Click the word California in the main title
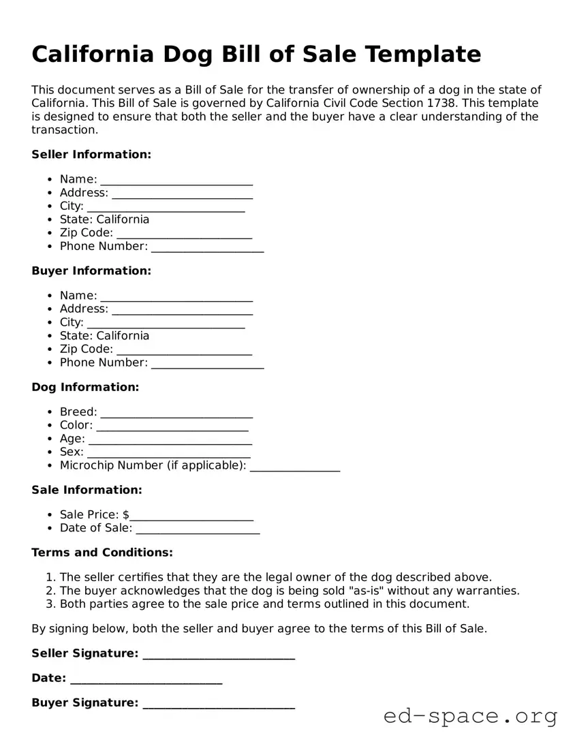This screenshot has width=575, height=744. [93, 54]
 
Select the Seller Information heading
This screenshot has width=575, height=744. [91, 155]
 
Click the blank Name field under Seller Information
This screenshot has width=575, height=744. [176, 181]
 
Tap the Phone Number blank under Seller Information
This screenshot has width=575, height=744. [207, 247]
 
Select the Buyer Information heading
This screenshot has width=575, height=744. [91, 271]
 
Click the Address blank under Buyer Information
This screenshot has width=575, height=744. [182, 310]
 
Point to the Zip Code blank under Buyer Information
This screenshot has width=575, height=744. [184, 350]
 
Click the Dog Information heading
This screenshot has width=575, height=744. [85, 388]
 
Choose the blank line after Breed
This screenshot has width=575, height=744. [176, 414]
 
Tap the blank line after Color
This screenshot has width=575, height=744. [172, 427]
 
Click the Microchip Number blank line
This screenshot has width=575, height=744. [295, 467]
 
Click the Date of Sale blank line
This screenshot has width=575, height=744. [198, 529]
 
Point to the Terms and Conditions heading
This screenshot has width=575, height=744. [102, 553]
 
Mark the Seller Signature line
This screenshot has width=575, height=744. [219, 655]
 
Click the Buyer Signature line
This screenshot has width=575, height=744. [219, 704]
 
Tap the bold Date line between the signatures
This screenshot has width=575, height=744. [146, 679]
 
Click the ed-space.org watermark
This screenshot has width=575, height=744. [470, 716]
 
